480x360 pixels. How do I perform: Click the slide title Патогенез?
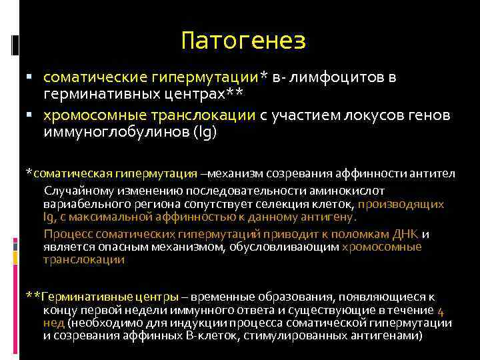point(243,42)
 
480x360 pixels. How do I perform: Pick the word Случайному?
point(75,191)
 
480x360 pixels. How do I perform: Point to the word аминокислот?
point(371,191)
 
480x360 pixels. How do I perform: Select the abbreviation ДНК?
point(405,234)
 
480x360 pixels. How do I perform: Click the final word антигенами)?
point(389,335)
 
